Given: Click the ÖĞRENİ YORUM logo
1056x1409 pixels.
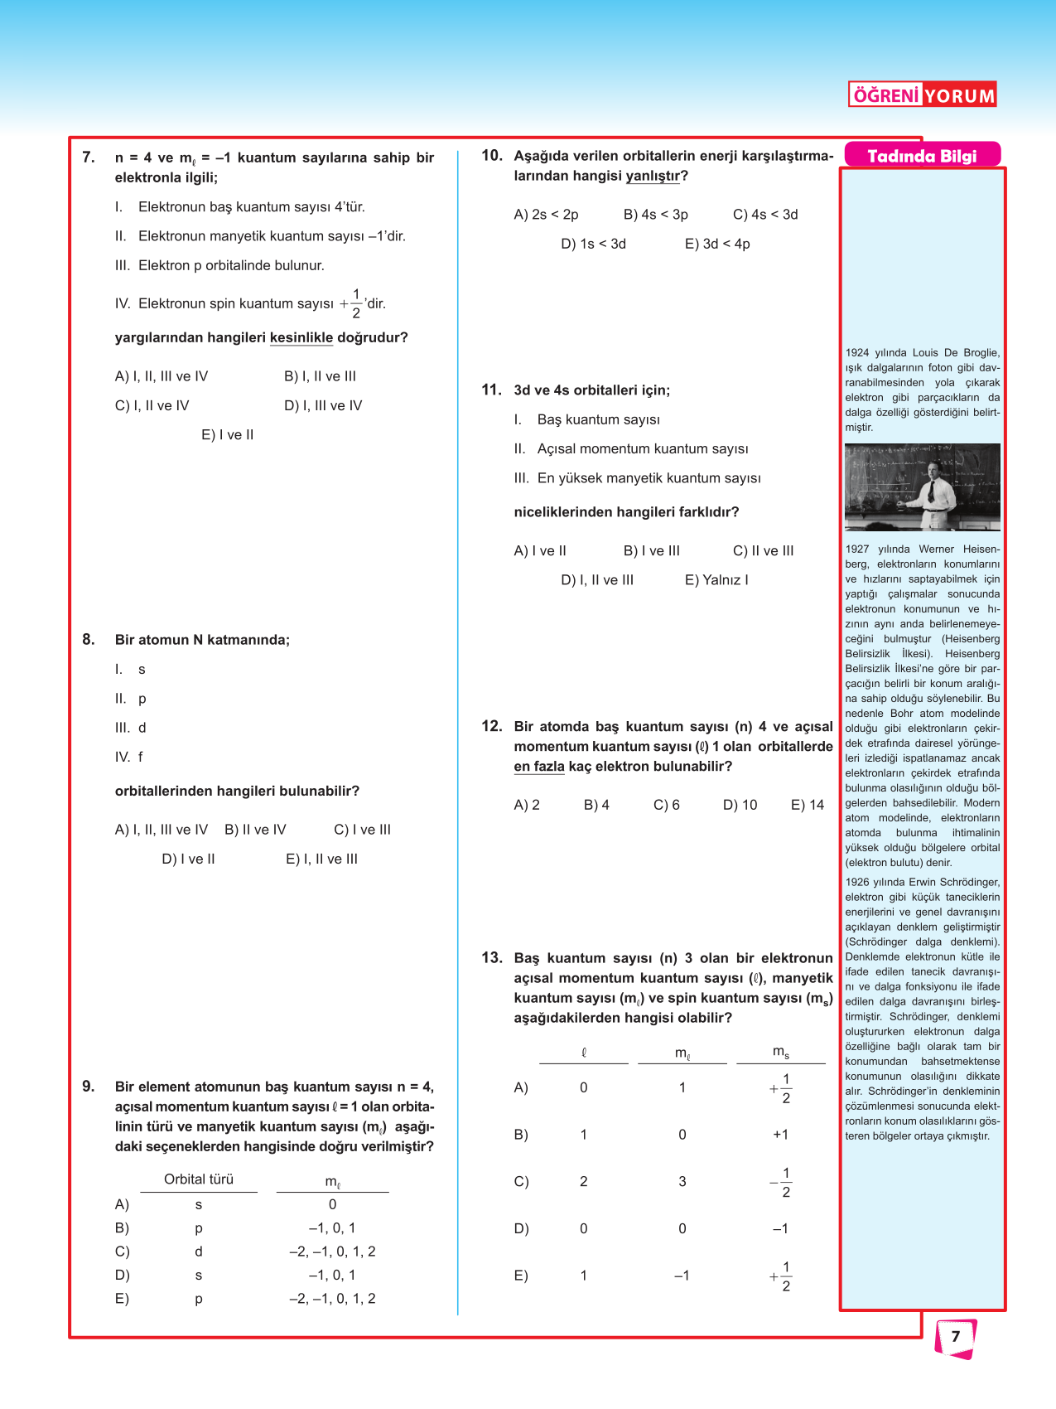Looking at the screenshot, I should (922, 95).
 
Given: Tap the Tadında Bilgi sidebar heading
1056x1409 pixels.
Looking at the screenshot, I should (922, 156).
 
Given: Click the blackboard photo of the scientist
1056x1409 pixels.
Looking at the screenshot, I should (922, 487).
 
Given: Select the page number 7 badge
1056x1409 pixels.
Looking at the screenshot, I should (955, 1336).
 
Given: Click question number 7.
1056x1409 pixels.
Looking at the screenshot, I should (89, 157).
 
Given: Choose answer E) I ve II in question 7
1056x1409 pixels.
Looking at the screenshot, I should (228, 435).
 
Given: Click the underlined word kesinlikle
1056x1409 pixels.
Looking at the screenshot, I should (301, 338).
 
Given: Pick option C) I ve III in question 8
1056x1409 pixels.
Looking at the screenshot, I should (362, 830).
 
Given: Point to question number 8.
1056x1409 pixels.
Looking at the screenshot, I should (89, 639).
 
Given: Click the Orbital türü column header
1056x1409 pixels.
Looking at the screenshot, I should (199, 1179).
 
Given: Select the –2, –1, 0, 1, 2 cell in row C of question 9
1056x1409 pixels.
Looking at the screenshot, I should (332, 1252).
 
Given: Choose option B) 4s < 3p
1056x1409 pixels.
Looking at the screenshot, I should (655, 215).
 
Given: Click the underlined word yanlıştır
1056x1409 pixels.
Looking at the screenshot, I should (653, 176).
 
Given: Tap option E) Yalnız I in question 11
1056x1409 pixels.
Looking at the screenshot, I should (716, 580).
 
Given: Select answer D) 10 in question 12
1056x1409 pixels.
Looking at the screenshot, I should (740, 805).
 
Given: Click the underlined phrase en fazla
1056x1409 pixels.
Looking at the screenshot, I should (539, 767).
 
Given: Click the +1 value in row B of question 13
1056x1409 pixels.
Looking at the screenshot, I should (780, 1135).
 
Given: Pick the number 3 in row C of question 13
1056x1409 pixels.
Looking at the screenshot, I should (682, 1182).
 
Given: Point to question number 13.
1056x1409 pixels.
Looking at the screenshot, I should (492, 957).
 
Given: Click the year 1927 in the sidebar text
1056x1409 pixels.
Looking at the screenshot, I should (857, 549).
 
